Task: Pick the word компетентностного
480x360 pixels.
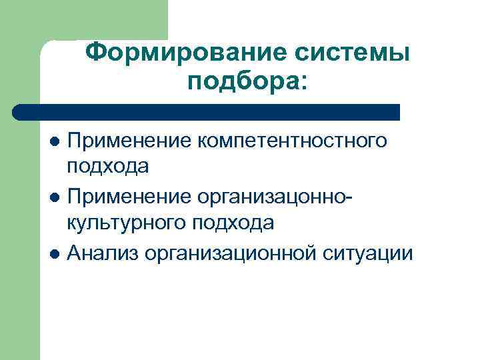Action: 293,141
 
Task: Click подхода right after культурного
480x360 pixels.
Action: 233,224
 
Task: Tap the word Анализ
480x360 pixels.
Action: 101,253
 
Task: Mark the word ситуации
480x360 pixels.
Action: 371,253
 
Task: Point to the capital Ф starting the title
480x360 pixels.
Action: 98,52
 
